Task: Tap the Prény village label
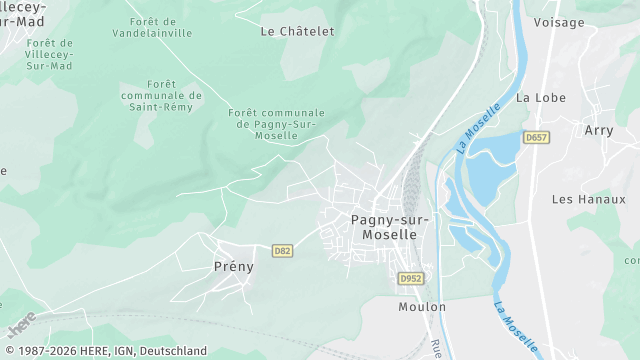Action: click(234, 267)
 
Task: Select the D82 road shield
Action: click(282, 250)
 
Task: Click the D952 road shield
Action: click(409, 278)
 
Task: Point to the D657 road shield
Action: click(537, 137)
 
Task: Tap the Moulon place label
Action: click(421, 307)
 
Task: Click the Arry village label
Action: click(598, 130)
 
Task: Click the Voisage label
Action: click(558, 22)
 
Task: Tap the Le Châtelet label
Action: click(297, 31)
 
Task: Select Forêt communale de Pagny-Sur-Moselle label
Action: click(277, 124)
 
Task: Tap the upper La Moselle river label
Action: click(478, 128)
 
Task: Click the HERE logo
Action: click(21, 325)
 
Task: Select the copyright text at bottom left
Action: click(104, 351)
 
